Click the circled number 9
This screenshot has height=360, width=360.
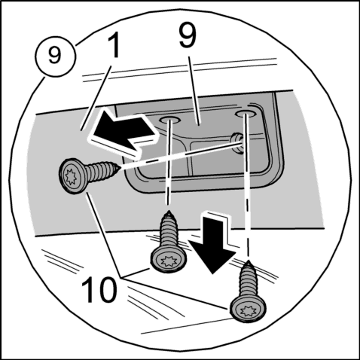(x=55, y=56)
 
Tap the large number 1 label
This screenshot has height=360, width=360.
(x=114, y=45)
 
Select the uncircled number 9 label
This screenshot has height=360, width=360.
(x=188, y=35)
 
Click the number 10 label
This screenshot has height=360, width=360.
(x=99, y=289)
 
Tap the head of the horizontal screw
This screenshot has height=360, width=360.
(x=72, y=175)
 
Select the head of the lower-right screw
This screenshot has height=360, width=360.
(x=248, y=308)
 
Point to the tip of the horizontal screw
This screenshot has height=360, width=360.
(x=120, y=167)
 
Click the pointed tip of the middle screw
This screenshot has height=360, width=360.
(x=169, y=213)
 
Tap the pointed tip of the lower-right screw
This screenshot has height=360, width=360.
(x=249, y=263)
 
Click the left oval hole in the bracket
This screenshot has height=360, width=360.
(x=169, y=120)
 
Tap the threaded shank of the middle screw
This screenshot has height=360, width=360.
(x=169, y=232)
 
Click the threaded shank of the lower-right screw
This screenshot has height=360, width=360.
(x=248, y=282)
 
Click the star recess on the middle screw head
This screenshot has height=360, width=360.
(x=168, y=261)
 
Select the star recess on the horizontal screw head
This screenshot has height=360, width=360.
(x=70, y=176)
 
